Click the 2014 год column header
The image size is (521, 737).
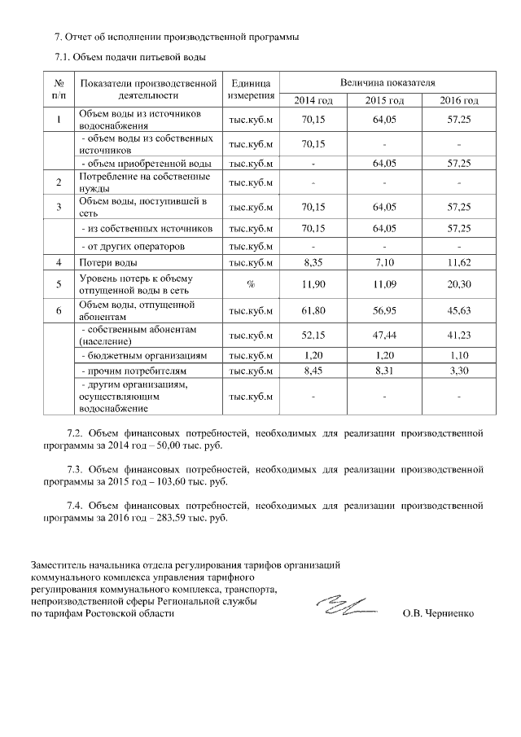click(313, 100)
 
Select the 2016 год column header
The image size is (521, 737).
click(459, 100)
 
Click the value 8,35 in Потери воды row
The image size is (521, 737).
click(313, 263)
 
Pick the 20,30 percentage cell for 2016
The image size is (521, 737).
click(459, 285)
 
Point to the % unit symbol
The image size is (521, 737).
click(251, 285)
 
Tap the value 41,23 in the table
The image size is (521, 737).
click(459, 336)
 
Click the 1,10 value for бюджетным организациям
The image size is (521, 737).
click(459, 356)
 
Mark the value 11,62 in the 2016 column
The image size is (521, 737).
click(459, 263)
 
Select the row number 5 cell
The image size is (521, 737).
click(59, 285)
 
